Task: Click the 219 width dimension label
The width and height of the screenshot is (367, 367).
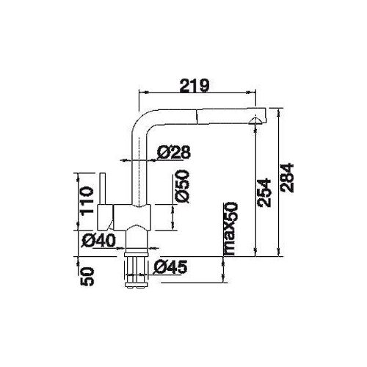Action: (195, 85)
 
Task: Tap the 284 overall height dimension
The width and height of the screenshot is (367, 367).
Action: (287, 178)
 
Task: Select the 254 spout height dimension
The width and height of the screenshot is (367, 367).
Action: (264, 194)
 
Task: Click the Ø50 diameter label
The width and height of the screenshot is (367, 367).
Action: (183, 186)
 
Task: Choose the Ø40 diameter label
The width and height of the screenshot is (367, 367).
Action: (98, 241)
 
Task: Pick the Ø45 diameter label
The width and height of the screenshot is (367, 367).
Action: (170, 266)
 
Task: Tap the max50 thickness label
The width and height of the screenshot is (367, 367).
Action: (231, 228)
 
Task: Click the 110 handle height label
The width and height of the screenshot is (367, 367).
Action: (87, 201)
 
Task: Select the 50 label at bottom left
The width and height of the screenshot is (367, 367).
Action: (87, 277)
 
